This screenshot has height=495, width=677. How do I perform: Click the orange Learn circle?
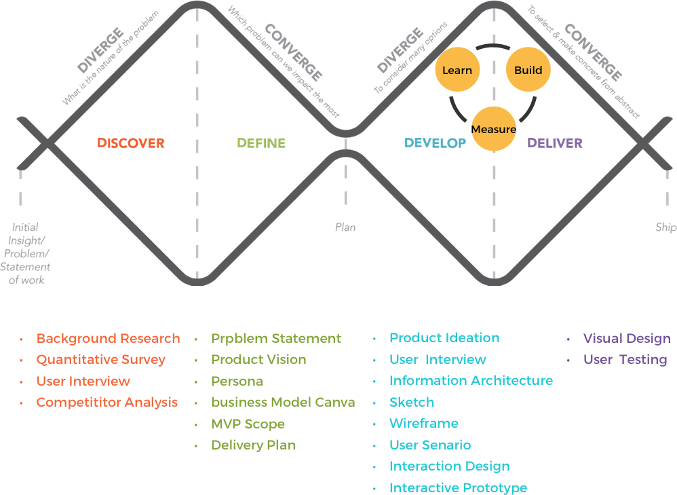pyautogui.click(x=457, y=70)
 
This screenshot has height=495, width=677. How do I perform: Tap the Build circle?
pyautogui.click(x=528, y=70)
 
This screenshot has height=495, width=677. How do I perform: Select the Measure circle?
pyautogui.click(x=493, y=129)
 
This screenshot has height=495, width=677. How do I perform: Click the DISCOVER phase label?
pyautogui.click(x=131, y=143)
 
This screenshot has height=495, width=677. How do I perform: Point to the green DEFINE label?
pyautogui.click(x=260, y=143)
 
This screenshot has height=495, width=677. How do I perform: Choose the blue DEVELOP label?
pyautogui.click(x=435, y=143)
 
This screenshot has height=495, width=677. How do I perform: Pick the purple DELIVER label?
pyautogui.click(x=555, y=143)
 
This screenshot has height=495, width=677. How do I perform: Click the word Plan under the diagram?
pyautogui.click(x=345, y=227)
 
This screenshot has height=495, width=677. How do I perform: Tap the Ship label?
pyautogui.click(x=665, y=227)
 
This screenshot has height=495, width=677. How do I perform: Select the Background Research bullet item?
pyautogui.click(x=108, y=338)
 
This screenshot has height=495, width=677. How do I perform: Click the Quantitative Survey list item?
pyautogui.click(x=100, y=359)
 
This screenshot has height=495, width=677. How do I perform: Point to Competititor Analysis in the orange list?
pyautogui.click(x=107, y=402)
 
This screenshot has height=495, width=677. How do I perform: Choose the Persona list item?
pyautogui.click(x=237, y=381)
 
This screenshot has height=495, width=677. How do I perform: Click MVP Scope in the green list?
pyautogui.click(x=248, y=424)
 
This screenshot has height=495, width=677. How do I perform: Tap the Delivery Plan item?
pyautogui.click(x=253, y=445)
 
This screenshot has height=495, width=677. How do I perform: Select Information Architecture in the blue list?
pyautogui.click(x=471, y=381)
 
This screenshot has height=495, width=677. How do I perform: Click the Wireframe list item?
pyautogui.click(x=423, y=423)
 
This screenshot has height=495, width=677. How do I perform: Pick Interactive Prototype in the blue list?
pyautogui.click(x=458, y=488)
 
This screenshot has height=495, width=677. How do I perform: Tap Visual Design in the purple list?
pyautogui.click(x=627, y=338)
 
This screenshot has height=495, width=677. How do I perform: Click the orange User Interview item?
pyautogui.click(x=83, y=381)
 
